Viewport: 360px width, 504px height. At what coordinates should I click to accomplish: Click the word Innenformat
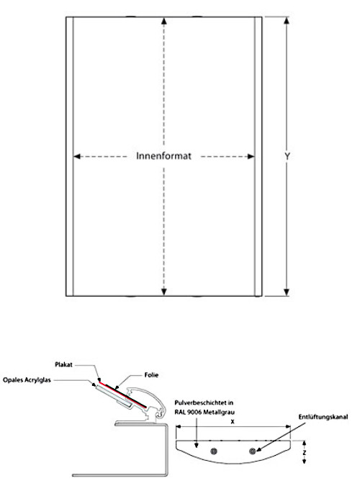pos(163,156)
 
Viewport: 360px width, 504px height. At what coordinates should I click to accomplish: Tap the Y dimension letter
pos(287,156)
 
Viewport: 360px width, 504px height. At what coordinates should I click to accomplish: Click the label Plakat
pos(63,365)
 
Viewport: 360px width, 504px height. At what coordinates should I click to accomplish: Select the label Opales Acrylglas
pos(27,380)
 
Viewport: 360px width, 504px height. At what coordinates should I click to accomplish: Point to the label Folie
pos(151,375)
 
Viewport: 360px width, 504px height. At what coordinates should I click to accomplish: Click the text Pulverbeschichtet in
pos(204,402)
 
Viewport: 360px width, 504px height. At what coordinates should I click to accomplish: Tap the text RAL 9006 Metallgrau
pos(204,412)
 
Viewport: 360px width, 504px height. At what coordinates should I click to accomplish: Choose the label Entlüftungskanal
pos(323,417)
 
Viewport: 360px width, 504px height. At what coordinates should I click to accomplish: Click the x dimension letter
pos(233,422)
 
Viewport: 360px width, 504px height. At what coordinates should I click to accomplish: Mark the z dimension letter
pos(304,453)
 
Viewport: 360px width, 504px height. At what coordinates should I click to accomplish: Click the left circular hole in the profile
pos(214,451)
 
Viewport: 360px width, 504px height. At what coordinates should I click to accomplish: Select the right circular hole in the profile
pos(252,451)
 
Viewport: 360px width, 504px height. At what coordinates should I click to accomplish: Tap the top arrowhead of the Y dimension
pos(287,21)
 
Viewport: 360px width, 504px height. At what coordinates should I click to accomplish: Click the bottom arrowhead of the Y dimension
pos(287,292)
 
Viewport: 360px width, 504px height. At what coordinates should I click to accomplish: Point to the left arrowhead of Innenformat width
pos(77,156)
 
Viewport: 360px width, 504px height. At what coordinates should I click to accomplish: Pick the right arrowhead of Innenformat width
pos(251,156)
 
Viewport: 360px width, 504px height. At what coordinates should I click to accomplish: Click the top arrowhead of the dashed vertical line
pos(164,21)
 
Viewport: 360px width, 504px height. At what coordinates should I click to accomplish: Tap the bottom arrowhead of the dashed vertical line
pos(164,292)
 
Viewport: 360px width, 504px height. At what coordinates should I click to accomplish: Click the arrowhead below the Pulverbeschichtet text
pos(197,446)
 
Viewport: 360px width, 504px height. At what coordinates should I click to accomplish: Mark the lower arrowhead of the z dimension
pos(304,462)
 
